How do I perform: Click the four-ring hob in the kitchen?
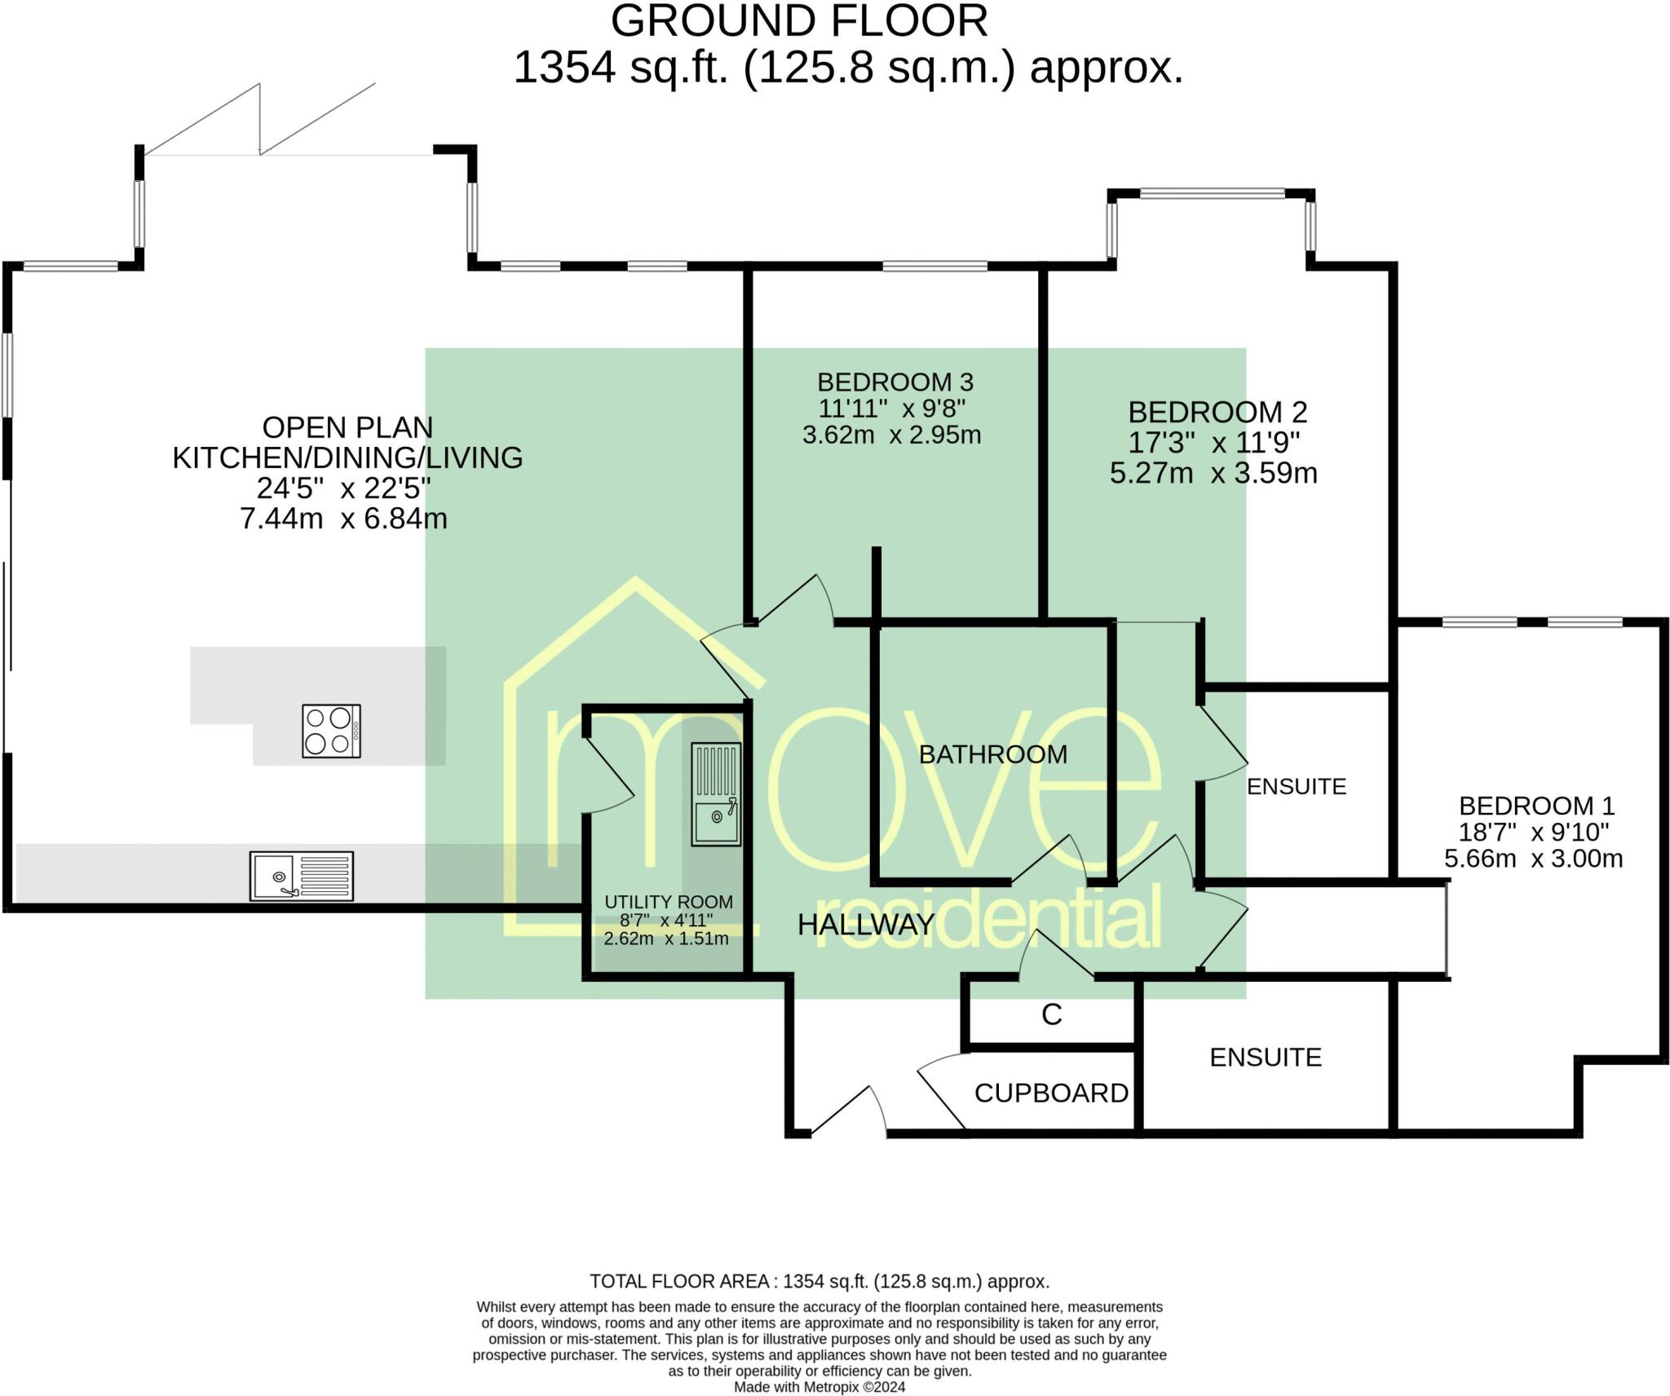(x=331, y=731)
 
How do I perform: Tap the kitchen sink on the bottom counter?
(x=302, y=876)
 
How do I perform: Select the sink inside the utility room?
(x=716, y=794)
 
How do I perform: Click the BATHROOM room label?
(x=993, y=754)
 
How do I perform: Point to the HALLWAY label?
(x=866, y=924)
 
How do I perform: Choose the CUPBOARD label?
(x=1051, y=1093)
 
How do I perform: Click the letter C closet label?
(x=1052, y=1014)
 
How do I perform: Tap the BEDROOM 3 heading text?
(x=895, y=382)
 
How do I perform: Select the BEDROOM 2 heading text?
(x=1217, y=412)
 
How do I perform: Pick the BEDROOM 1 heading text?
(x=1537, y=806)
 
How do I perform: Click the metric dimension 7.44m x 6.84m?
(x=343, y=518)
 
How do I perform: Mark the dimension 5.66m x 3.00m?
(x=1534, y=858)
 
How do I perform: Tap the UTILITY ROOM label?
(x=669, y=902)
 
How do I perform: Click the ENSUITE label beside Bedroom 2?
(x=1297, y=786)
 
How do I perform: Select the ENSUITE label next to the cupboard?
(x=1266, y=1057)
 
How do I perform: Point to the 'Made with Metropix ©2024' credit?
(x=820, y=1387)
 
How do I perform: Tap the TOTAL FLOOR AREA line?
(x=820, y=1281)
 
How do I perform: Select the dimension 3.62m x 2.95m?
(x=891, y=435)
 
